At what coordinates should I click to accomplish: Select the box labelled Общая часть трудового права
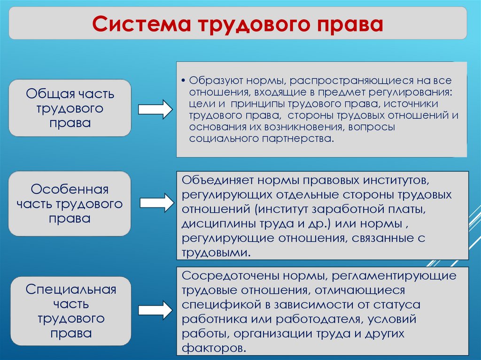tap(70, 108)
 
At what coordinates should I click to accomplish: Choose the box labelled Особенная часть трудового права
tap(70, 204)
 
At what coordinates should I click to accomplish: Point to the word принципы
tap(256, 103)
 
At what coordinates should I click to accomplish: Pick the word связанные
tap(381, 238)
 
